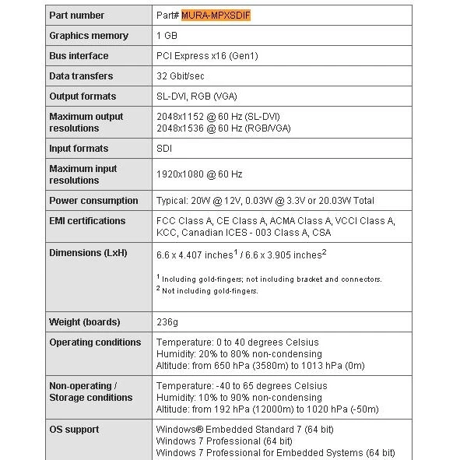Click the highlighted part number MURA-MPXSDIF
tap(216, 16)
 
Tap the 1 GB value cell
tap(167, 36)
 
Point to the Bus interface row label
tap(79, 56)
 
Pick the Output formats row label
tap(83, 97)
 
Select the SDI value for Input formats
tap(164, 148)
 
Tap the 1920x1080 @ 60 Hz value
tap(199, 174)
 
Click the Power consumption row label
tap(93, 200)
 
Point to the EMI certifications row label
tap(87, 221)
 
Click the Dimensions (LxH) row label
tap(88, 253)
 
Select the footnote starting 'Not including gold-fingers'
tap(208, 291)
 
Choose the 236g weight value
tap(167, 322)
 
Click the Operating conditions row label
tap(95, 342)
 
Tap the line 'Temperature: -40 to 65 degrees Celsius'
tap(241, 386)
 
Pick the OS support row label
tap(74, 430)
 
